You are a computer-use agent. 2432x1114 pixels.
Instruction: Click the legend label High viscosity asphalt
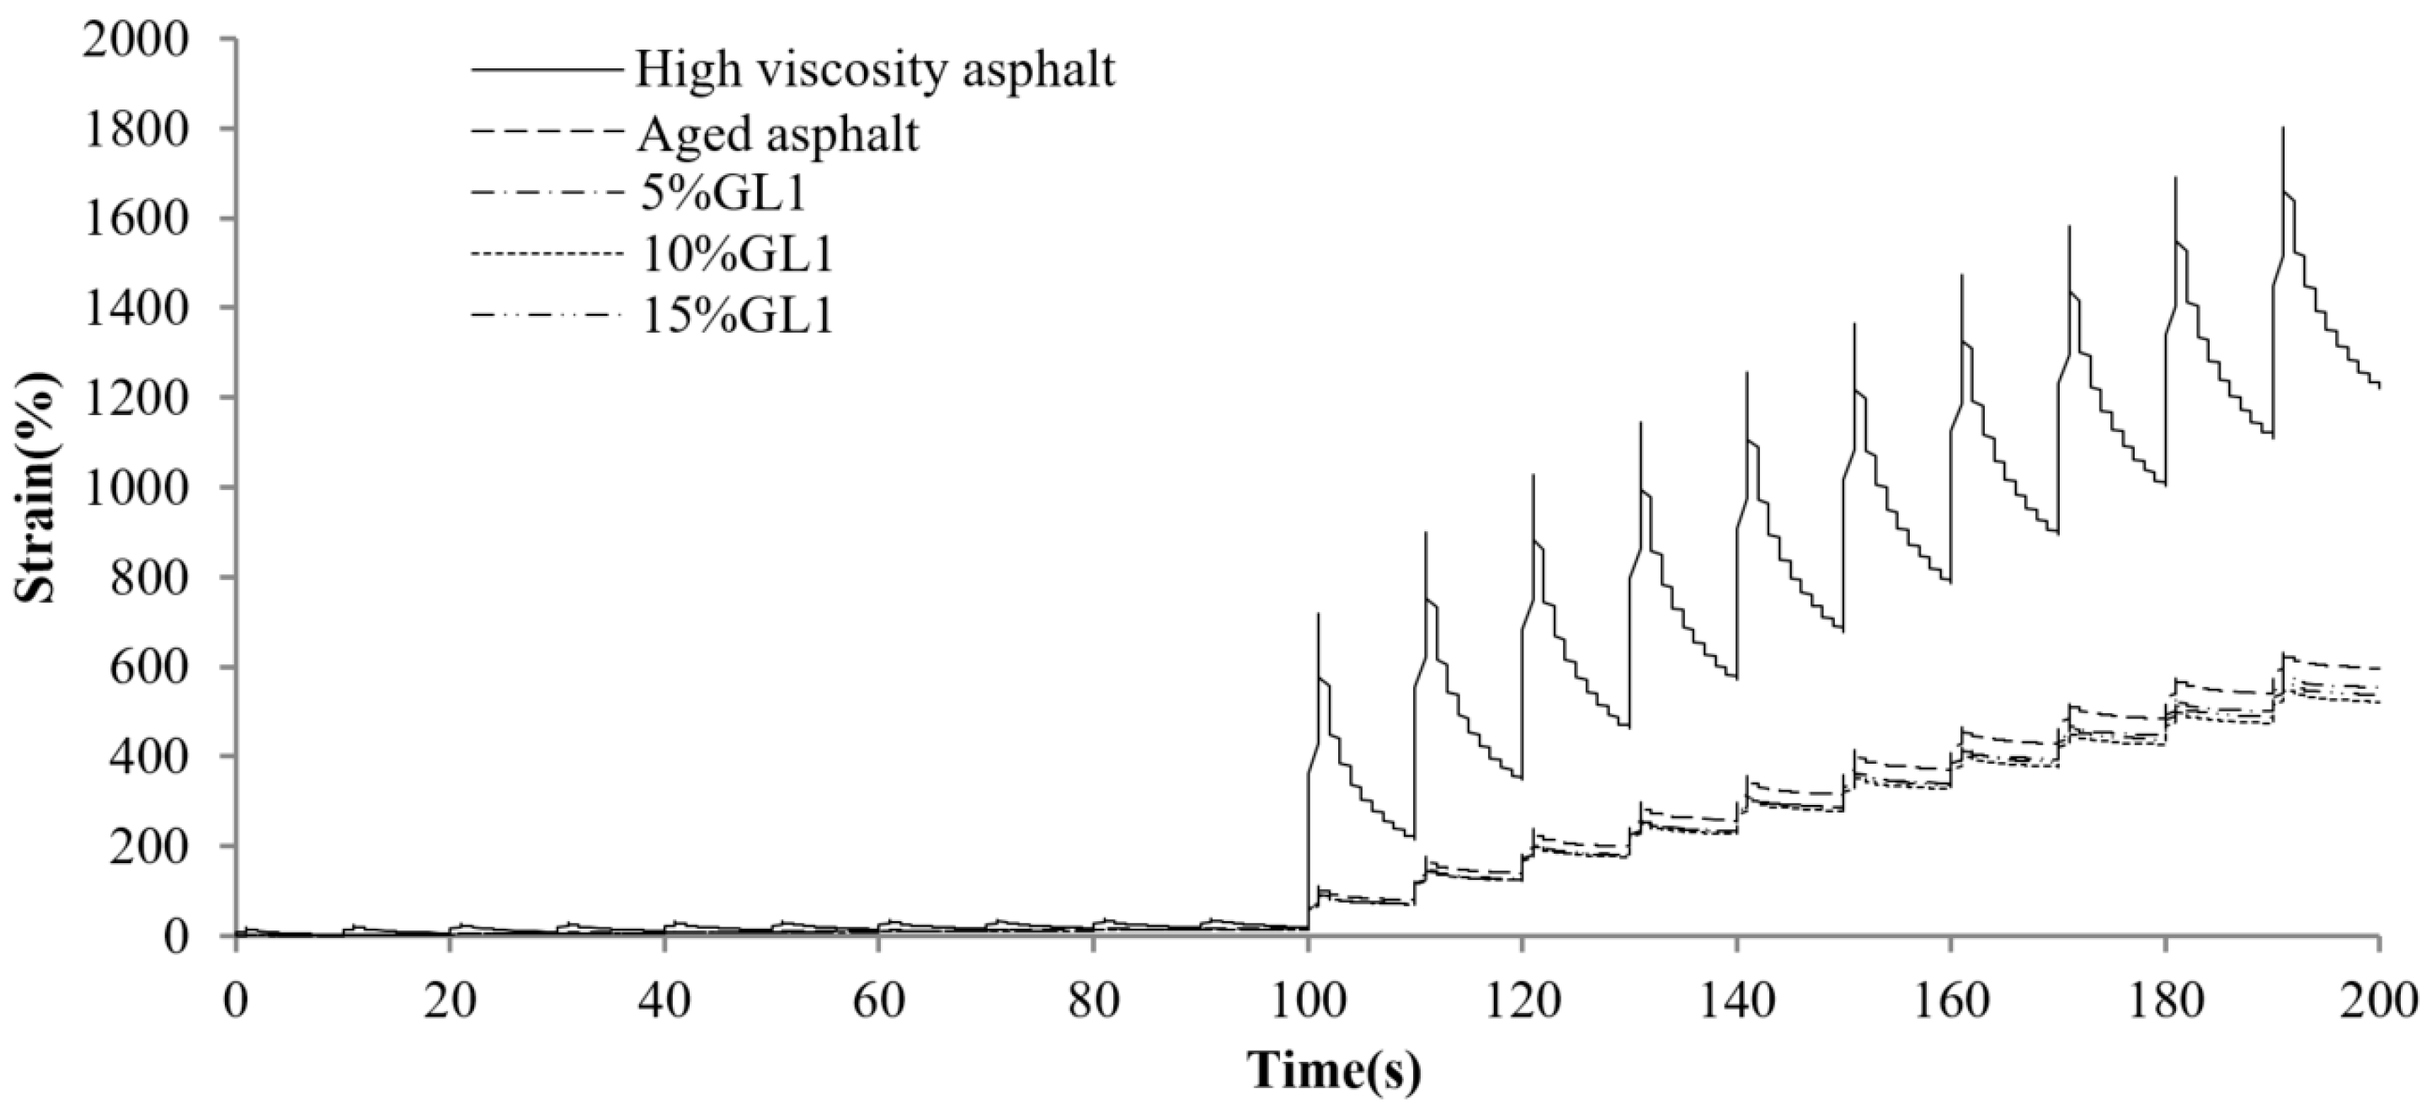874,69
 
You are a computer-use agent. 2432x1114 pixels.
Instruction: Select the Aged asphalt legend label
777,133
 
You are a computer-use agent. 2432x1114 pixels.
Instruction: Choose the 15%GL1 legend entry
735,317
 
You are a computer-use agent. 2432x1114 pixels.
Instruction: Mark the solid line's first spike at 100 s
1318,615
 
